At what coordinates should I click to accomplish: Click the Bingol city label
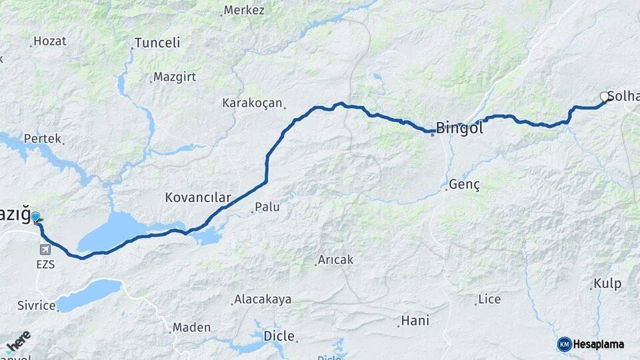(x=459, y=128)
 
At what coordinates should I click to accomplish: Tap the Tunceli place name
(x=157, y=43)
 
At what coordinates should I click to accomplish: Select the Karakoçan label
(x=253, y=103)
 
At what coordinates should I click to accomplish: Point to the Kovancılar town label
(x=197, y=198)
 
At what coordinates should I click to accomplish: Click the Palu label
(x=267, y=207)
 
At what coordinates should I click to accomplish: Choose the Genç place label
(x=465, y=184)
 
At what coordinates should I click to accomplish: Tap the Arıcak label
(x=335, y=259)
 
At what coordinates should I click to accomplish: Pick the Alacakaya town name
(x=262, y=299)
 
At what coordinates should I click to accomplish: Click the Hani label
(x=415, y=321)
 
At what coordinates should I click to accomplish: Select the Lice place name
(x=489, y=299)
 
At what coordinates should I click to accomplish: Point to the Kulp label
(x=607, y=283)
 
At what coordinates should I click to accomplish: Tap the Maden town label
(x=191, y=327)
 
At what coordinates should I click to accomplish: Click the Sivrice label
(x=37, y=306)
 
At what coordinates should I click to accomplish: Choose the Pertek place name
(x=42, y=139)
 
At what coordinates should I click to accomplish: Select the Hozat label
(x=50, y=41)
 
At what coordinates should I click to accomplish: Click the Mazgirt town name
(x=175, y=77)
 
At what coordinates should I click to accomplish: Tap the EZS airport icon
(x=45, y=250)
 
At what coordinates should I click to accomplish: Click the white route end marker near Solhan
(x=605, y=97)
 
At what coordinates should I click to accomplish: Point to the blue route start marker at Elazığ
(x=35, y=217)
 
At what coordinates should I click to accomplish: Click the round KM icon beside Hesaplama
(x=564, y=344)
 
